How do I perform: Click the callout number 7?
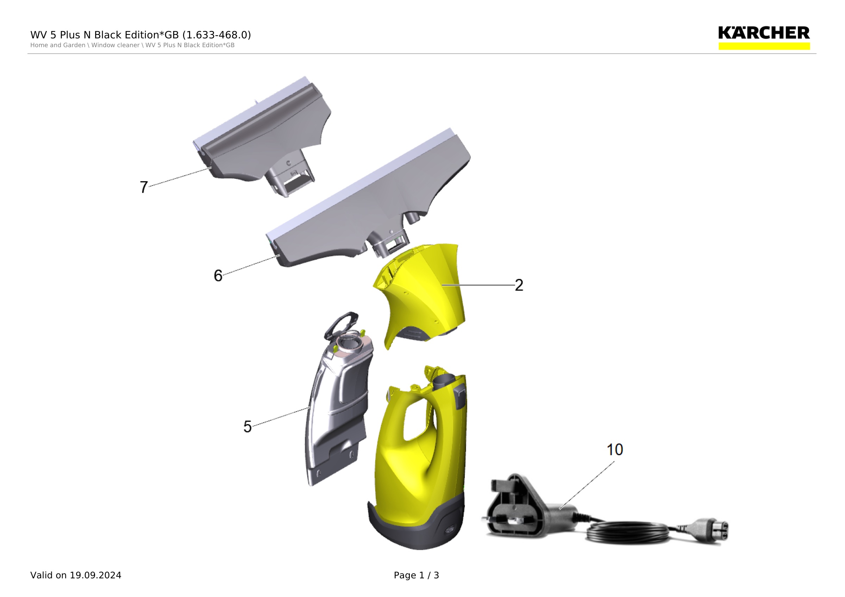[x=144, y=187]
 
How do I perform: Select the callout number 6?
[x=218, y=276]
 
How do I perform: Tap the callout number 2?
[x=519, y=285]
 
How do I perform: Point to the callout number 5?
[x=247, y=427]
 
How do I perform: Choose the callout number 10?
[x=615, y=450]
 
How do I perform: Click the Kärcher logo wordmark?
[x=764, y=33]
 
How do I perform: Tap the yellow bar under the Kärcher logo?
[x=764, y=46]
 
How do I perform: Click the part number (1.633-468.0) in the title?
[x=217, y=35]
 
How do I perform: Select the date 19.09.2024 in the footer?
[x=96, y=575]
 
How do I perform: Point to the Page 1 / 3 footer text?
[x=416, y=575]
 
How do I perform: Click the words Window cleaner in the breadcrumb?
[x=115, y=45]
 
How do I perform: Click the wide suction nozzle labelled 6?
[x=368, y=199]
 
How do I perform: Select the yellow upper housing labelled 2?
[x=420, y=294]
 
